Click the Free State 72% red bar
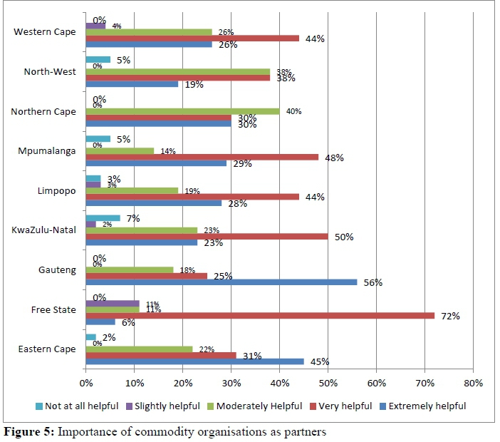[x=260, y=315]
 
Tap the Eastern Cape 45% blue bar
[x=194, y=361]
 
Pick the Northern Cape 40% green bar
[x=182, y=111]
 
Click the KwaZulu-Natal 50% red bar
[x=207, y=235]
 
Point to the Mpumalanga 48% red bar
[x=202, y=157]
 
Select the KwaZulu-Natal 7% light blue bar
[x=103, y=217]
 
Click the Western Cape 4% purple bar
[x=95, y=26]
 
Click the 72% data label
[x=450, y=315]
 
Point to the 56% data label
[x=373, y=282]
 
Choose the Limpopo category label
[x=56, y=190]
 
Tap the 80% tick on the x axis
[x=473, y=383]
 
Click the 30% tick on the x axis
[x=231, y=383]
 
